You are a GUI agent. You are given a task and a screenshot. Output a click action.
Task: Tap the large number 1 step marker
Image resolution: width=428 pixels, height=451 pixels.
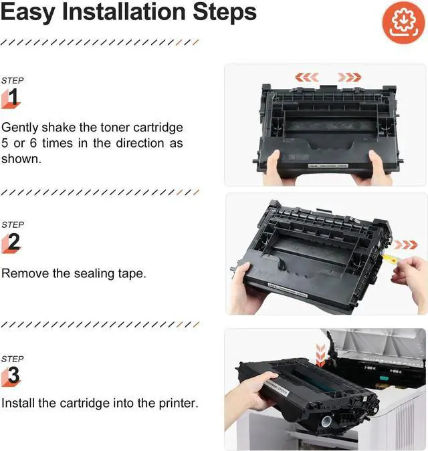13,98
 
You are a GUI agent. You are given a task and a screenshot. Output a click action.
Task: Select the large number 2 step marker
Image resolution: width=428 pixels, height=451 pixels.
13,243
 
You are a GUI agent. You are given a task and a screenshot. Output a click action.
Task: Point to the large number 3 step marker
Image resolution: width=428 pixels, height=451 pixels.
13,377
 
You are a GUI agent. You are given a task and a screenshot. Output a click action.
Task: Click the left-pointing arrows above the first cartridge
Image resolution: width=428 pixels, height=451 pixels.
307,77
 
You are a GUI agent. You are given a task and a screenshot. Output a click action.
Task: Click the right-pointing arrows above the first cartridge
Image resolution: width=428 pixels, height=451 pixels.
350,77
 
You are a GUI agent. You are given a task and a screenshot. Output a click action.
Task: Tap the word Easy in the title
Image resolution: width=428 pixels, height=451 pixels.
26,12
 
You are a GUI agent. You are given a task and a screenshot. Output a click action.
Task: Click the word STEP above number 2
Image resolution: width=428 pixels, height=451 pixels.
13,224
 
